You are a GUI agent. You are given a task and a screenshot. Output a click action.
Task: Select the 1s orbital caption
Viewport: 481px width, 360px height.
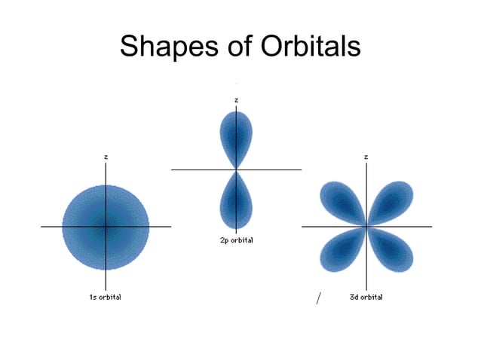click(x=106, y=297)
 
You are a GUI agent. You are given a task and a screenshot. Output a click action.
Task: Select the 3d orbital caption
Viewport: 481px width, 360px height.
click(x=366, y=297)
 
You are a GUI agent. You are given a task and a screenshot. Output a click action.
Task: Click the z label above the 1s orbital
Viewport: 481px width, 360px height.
click(x=106, y=157)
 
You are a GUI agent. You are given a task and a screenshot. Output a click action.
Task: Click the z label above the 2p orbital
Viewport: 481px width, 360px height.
click(x=237, y=99)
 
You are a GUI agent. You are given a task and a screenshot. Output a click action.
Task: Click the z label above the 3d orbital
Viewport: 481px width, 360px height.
click(x=366, y=157)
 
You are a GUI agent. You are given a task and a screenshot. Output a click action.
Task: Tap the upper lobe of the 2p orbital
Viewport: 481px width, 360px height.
click(x=236, y=136)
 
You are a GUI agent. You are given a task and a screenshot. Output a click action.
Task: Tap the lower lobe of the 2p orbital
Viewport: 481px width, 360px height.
click(x=236, y=202)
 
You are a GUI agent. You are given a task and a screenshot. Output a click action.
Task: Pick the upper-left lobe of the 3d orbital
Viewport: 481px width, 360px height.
click(x=339, y=200)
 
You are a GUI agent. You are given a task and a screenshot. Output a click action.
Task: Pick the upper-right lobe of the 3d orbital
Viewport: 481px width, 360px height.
click(x=393, y=200)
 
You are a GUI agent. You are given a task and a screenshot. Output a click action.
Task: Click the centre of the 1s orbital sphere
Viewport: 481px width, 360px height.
click(x=106, y=226)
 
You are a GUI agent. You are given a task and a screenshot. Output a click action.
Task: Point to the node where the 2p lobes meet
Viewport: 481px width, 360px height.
click(x=237, y=169)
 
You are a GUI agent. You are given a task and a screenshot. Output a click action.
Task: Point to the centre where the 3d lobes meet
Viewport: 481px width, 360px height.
click(x=366, y=226)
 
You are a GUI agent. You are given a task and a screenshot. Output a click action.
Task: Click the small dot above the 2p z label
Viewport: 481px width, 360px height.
click(x=237, y=81)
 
